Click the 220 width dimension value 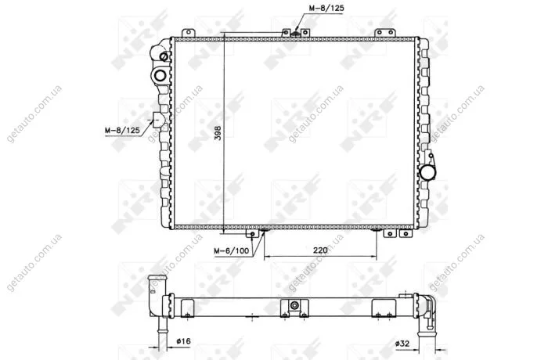(320, 250)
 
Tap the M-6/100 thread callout (232, 251)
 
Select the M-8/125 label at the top (326, 8)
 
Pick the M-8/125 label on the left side (122, 131)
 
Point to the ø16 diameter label (183, 340)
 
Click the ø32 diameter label (402, 344)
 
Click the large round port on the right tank (427, 172)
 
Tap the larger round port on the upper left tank (160, 75)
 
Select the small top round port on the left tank (164, 56)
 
